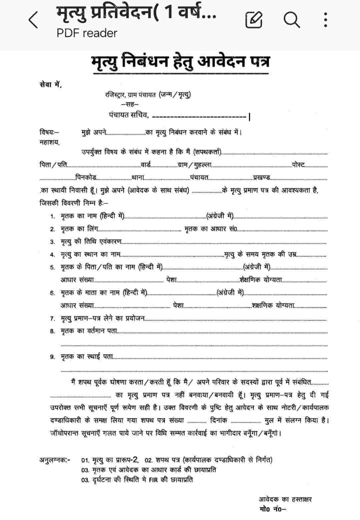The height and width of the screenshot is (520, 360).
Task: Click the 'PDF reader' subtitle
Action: tap(87, 33)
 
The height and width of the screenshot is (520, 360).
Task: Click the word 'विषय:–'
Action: tap(49, 132)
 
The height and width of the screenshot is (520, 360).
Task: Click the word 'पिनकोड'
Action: tap(86, 177)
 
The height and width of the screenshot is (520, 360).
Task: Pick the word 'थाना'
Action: tap(137, 177)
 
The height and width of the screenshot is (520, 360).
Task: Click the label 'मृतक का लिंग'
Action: tap(79, 229)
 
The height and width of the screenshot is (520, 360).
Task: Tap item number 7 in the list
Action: tap(53, 319)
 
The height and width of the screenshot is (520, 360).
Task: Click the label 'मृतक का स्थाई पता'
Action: tap(87, 357)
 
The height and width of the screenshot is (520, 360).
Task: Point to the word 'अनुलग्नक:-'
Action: tap(55, 460)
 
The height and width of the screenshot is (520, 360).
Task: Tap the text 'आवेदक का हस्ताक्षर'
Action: tap(285, 499)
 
